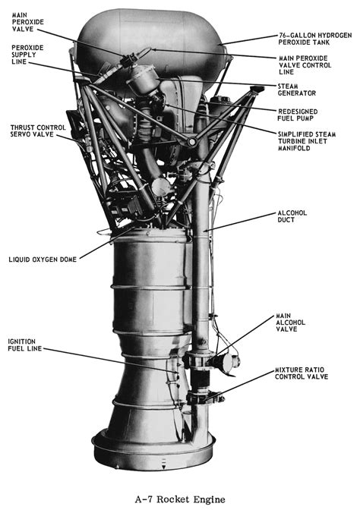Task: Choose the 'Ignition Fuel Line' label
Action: [x=24, y=346]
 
